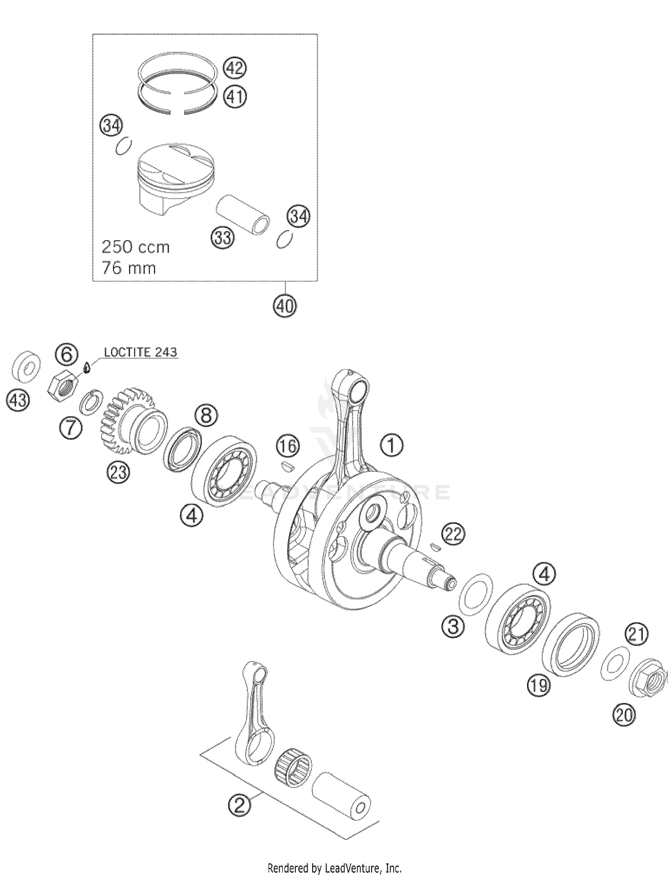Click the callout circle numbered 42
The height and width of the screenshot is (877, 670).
[235, 68]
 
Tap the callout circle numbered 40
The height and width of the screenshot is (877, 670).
[285, 306]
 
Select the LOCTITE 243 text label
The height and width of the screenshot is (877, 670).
[140, 352]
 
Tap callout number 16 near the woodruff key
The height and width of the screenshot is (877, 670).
[288, 445]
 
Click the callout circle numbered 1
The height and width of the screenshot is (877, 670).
[392, 445]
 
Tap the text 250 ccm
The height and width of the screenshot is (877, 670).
[136, 247]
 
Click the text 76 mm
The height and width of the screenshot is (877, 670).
[129, 268]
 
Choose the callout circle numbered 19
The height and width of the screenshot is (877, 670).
[538, 684]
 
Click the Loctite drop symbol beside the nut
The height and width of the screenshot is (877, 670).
[88, 367]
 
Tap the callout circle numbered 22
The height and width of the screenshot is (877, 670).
[453, 534]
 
